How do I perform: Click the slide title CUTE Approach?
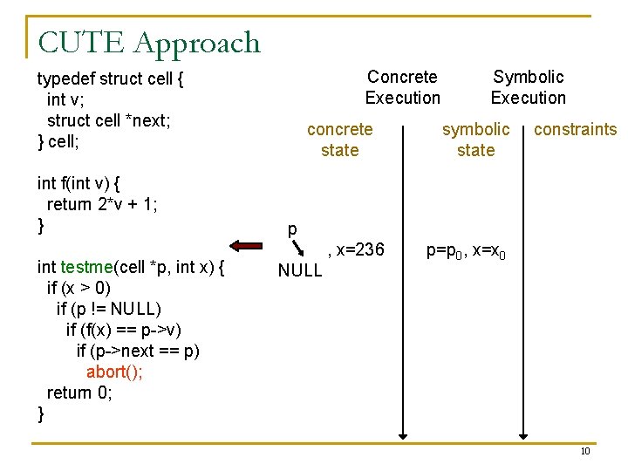[149, 43]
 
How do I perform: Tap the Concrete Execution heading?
[402, 87]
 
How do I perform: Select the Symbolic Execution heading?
[528, 87]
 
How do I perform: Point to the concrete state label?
[339, 140]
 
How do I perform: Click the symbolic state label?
[475, 140]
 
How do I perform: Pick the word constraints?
[575, 130]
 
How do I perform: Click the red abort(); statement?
[114, 372]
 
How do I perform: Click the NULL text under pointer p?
[299, 270]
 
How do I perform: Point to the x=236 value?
[356, 250]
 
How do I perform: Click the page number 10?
[585, 451]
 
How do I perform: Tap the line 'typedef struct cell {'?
[110, 79]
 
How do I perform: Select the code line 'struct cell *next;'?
[108, 120]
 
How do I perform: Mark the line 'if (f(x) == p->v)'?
[124, 330]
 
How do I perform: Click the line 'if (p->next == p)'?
[138, 351]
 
